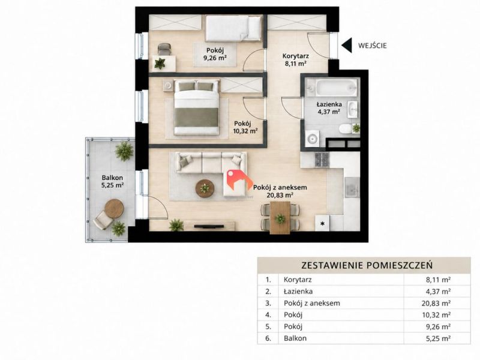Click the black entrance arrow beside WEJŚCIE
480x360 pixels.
[x=346, y=46]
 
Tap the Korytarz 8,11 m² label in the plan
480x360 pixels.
[x=295, y=60]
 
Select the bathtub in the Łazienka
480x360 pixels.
[x=332, y=88]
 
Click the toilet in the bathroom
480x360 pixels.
[x=346, y=128]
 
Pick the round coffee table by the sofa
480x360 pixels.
[x=205, y=188]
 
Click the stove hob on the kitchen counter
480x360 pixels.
[x=322, y=160]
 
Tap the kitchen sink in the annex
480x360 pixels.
[x=352, y=187]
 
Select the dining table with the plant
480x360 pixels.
[x=280, y=217]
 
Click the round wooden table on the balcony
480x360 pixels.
[x=114, y=208]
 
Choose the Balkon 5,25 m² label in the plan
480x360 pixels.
[x=113, y=181]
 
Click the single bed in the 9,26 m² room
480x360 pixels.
[x=233, y=28]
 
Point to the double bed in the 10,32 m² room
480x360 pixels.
[x=197, y=107]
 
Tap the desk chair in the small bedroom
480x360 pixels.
[x=164, y=49]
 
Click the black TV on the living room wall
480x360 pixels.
[x=209, y=227]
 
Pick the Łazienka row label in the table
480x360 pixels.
[x=298, y=291]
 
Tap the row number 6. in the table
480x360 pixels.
[x=268, y=338]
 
